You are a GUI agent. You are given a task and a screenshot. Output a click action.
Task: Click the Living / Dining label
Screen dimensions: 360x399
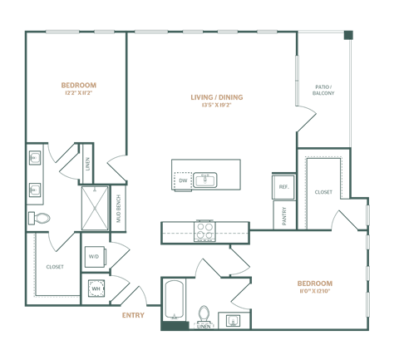(217, 98)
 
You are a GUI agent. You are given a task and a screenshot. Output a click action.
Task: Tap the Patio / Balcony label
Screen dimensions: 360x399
(323, 89)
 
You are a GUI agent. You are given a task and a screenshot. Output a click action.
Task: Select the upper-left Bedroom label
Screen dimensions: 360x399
(79, 86)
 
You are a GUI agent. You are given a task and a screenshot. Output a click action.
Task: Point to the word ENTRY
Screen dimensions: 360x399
(132, 315)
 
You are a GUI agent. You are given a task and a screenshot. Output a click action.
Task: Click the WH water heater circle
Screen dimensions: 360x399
(96, 289)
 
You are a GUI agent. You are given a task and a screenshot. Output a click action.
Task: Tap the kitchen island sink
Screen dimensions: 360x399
(205, 179)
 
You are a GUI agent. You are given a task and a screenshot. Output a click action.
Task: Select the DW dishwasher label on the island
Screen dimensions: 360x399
(184, 179)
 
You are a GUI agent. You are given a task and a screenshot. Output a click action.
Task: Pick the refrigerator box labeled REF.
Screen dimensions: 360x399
(283, 187)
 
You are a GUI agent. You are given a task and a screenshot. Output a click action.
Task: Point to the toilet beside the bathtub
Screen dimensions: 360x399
(203, 313)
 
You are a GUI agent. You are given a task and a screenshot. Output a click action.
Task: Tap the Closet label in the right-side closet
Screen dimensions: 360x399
(323, 192)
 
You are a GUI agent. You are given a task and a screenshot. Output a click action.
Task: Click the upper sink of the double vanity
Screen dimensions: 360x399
(36, 156)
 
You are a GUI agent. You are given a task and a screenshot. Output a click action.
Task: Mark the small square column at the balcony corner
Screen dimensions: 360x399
(348, 35)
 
